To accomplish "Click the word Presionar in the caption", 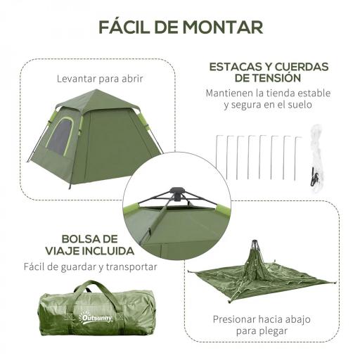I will (235, 318).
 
